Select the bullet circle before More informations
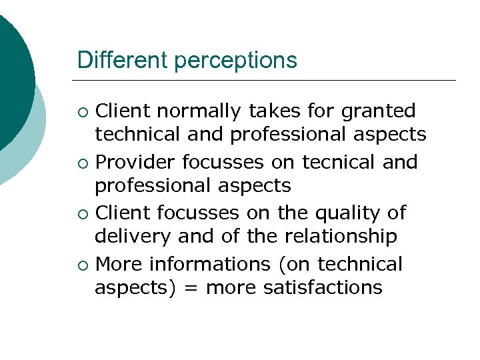point(82,265)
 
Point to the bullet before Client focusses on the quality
point(82,214)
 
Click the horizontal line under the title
point(267,81)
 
